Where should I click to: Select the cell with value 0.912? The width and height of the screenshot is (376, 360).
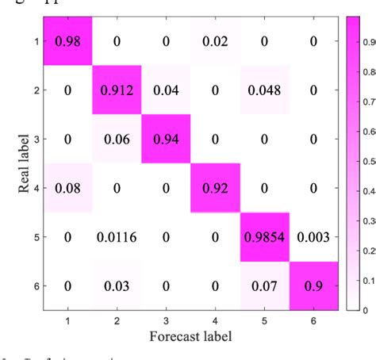(x=117, y=90)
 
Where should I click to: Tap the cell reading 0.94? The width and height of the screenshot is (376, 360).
(x=165, y=139)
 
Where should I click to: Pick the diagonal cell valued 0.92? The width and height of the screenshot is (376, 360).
(x=214, y=188)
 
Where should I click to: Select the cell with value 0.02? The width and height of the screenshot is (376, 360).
(x=214, y=41)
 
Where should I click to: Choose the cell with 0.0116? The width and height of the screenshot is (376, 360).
(x=117, y=237)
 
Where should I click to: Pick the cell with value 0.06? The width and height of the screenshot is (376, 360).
(x=117, y=139)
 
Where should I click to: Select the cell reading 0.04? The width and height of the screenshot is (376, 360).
(x=165, y=90)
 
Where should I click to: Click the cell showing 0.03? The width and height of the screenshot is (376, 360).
(x=117, y=285)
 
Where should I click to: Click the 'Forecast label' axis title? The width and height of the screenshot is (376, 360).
(x=190, y=335)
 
